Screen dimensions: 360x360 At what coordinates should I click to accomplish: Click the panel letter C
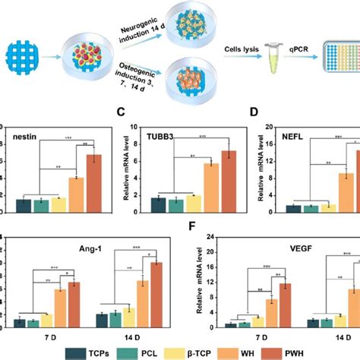coord(118,114)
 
